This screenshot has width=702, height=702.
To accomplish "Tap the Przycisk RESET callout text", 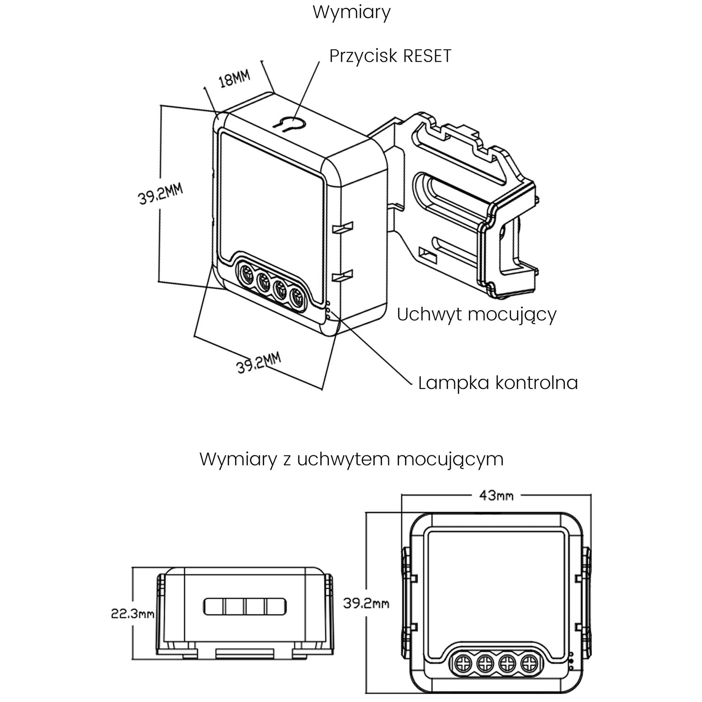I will tap(390, 56).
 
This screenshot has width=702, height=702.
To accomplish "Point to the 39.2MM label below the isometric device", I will tap(259, 364).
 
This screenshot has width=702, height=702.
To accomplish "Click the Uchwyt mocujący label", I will tap(476, 314).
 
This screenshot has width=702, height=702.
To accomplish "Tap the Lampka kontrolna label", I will tap(498, 383).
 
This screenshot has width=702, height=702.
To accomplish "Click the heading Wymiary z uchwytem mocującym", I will tap(351, 460).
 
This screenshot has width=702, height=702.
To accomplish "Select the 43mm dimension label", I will tap(496, 495).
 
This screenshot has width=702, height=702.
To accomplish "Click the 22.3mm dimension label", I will tap(132, 614).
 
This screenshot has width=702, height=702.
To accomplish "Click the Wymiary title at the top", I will tap(351, 13).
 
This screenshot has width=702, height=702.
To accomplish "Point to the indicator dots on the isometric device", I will tap(329, 310).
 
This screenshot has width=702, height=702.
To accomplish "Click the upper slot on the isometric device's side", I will tap(344, 228).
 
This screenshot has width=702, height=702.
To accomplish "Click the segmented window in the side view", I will tap(244, 607).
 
